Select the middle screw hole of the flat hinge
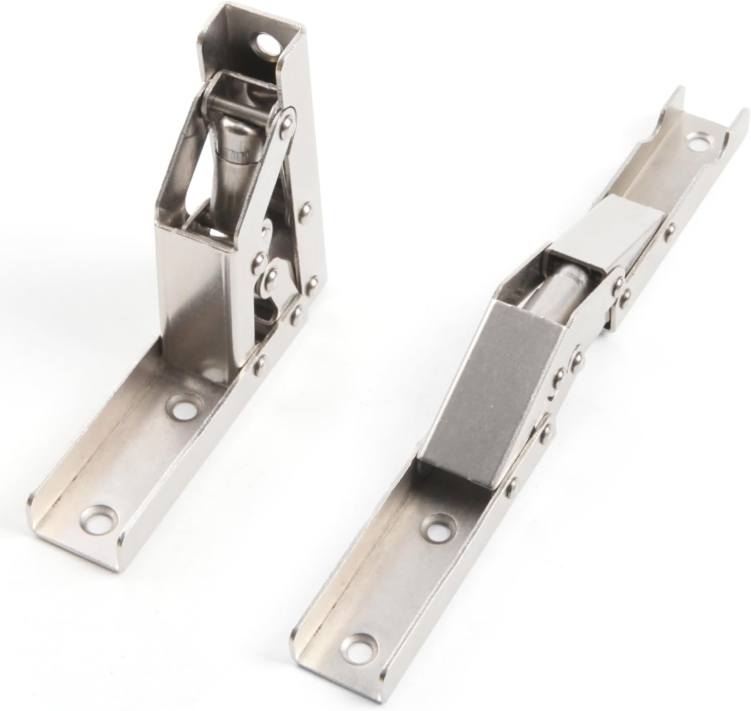(x=435, y=529)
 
